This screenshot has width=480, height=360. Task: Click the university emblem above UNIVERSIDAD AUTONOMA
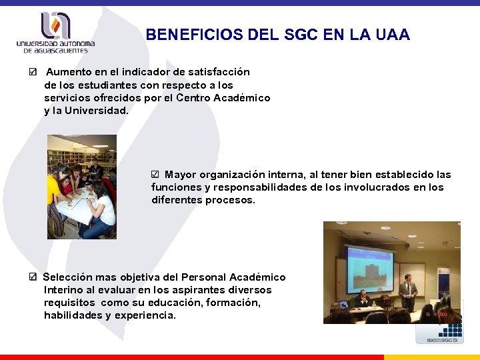coord(55,25)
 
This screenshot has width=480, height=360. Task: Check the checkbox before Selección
coord(33,277)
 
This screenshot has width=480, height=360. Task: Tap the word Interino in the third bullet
coord(63,290)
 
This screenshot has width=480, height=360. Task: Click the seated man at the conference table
coord(363,299)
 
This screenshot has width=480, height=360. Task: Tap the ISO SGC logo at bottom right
coord(439,333)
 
